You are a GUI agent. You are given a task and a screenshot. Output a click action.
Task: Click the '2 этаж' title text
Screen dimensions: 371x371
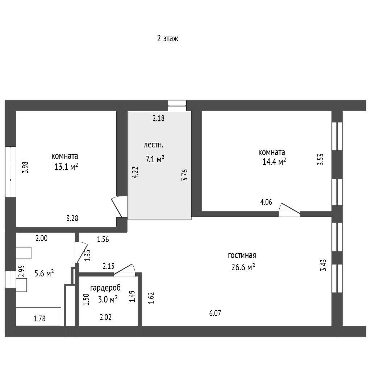click(167, 38)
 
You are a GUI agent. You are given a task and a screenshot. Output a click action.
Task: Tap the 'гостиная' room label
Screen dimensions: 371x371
click(242, 255)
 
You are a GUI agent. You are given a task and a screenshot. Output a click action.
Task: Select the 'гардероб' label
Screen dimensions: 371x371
click(105, 288)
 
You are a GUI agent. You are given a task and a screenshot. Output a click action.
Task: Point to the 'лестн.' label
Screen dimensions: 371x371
click(154, 145)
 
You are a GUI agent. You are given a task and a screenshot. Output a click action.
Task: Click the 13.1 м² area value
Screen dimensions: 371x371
click(66, 167)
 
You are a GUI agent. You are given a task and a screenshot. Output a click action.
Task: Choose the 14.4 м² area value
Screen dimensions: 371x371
click(274, 162)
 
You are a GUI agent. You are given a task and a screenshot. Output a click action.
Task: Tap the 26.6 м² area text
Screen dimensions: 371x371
click(243, 267)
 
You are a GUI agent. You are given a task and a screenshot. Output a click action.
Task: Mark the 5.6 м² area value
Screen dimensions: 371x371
click(44, 274)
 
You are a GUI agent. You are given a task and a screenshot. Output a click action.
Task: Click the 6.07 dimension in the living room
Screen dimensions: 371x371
click(215, 313)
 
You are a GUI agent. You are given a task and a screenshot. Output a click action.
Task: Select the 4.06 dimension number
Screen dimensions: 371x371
click(266, 202)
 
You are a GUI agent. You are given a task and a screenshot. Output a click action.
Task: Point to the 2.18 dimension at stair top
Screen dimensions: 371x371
click(158, 118)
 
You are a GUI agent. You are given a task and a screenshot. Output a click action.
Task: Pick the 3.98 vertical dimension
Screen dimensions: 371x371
click(25, 167)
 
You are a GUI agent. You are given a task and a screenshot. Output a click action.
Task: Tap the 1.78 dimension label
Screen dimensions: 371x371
click(39, 319)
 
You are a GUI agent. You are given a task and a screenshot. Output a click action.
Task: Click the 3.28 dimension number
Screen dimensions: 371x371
click(72, 218)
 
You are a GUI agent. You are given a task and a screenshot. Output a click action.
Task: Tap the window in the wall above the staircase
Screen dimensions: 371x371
click(177, 105)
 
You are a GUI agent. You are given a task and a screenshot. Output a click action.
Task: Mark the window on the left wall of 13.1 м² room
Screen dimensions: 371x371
click(11, 172)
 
